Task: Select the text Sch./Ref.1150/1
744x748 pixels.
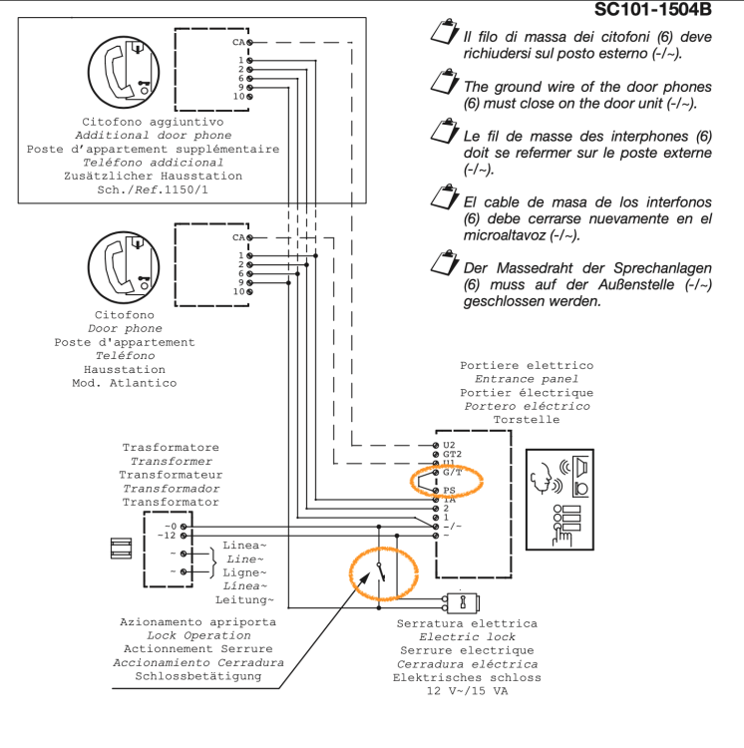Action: point(153,188)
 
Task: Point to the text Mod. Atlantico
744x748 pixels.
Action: point(125,383)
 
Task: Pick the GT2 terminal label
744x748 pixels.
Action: point(452,454)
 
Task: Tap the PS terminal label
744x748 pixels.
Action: point(450,491)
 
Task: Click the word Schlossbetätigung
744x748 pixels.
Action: point(198,675)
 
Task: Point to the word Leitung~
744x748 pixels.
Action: point(244,599)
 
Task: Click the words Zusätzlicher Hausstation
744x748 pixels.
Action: point(153,176)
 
